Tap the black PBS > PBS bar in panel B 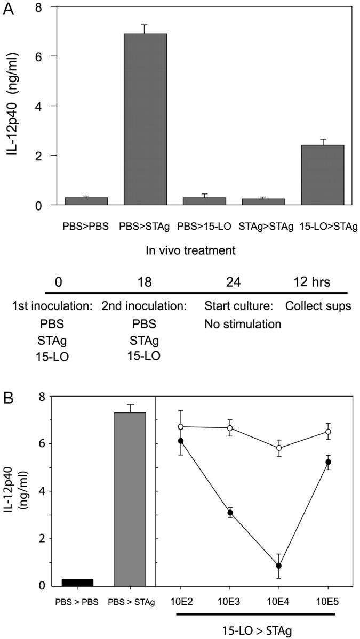tap(78, 582)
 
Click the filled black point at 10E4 tap(278, 565)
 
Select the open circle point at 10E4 tap(278, 448)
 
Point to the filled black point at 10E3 tap(230, 513)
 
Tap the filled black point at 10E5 tap(327, 462)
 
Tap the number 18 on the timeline tap(145, 281)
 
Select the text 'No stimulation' tap(243, 323)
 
